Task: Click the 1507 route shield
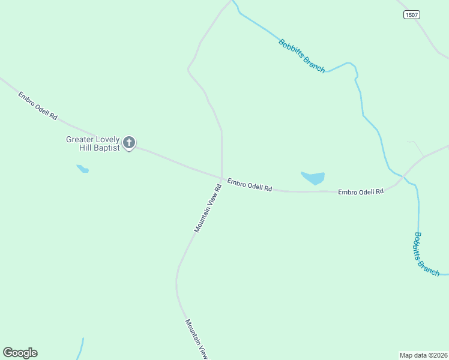point(411,15)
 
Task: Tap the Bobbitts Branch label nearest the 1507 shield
point(302,56)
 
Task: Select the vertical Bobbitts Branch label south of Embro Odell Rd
point(427,254)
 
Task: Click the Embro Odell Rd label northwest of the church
point(37,106)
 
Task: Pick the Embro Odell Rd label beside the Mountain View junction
point(250,184)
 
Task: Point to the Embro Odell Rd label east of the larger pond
point(360,192)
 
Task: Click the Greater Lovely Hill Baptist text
point(93,143)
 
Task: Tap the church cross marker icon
point(129,143)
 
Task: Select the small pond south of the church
point(83,169)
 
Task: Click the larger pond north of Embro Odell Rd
point(313,178)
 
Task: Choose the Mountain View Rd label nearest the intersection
point(208,208)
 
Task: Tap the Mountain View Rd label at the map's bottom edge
point(196,339)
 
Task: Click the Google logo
point(20,353)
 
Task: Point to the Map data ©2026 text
point(423,355)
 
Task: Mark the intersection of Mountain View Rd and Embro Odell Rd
point(221,178)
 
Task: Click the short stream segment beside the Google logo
point(80,348)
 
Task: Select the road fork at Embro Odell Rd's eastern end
point(424,157)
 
